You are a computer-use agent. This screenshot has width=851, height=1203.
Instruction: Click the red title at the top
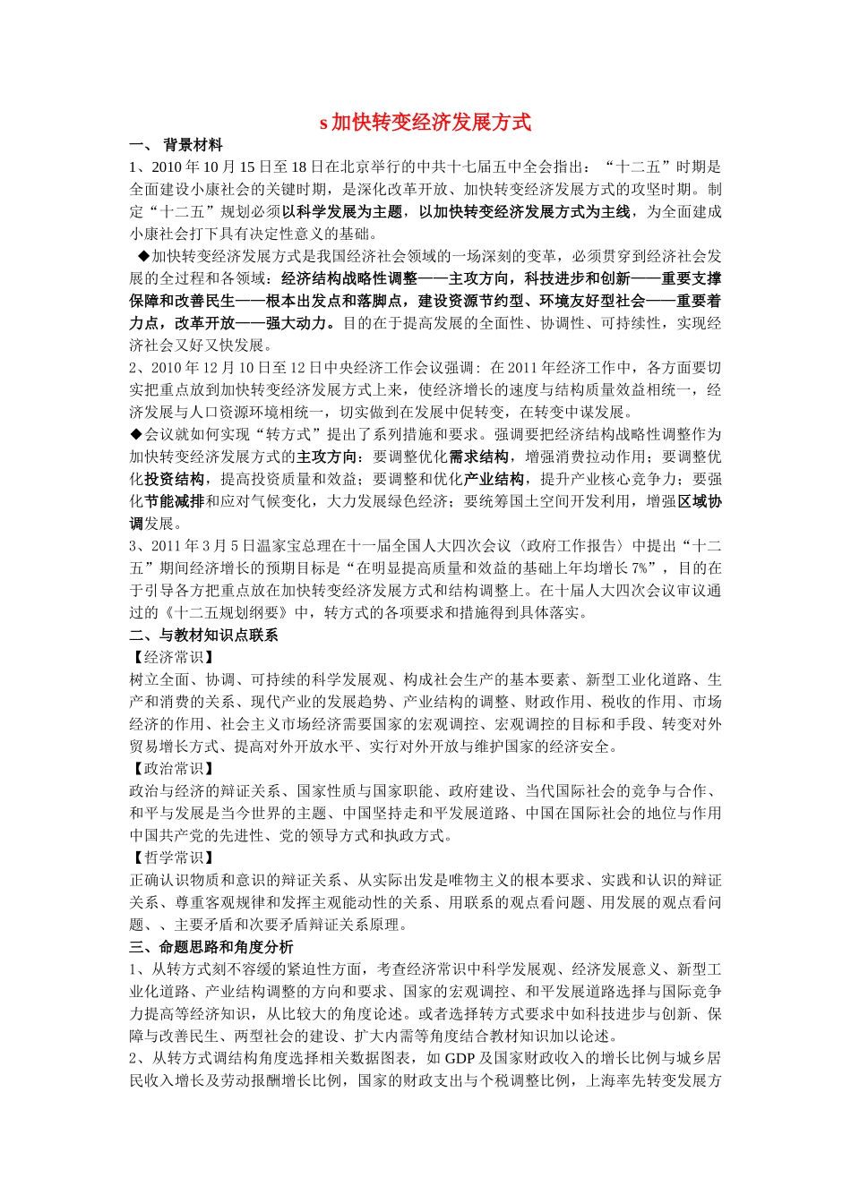pyautogui.click(x=425, y=122)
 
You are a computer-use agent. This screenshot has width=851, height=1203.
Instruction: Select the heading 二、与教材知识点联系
pyautogui.click(x=203, y=635)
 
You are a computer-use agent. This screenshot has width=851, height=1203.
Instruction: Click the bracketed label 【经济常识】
pyautogui.click(x=172, y=657)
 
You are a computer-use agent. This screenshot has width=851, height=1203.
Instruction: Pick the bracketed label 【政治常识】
pyautogui.click(x=172, y=769)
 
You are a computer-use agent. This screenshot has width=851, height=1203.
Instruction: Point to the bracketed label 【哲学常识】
pyautogui.click(x=172, y=857)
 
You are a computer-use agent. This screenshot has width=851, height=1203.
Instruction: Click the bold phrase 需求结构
pyautogui.click(x=478, y=456)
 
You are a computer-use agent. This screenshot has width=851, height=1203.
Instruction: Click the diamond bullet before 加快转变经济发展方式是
pyautogui.click(x=142, y=256)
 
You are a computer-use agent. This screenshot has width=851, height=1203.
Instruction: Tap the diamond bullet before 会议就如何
pyautogui.click(x=136, y=434)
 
